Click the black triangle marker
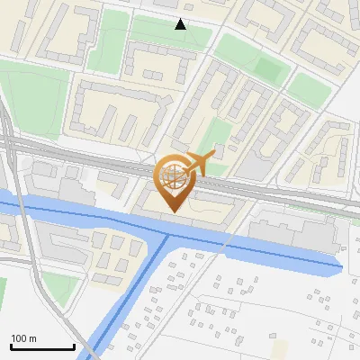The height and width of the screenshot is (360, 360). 181,24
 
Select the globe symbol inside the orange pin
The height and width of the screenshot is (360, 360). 174,176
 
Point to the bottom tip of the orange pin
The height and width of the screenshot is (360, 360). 174,212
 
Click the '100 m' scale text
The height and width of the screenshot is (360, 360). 24,338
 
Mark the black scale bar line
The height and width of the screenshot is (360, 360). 42,346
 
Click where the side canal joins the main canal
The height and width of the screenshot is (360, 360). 167,235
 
